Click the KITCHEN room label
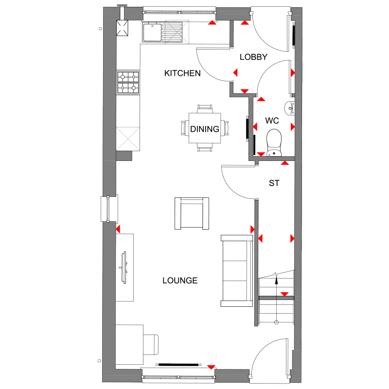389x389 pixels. [182, 73]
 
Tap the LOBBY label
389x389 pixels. [253, 57]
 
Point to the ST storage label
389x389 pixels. [274, 183]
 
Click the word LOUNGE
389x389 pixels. [180, 281]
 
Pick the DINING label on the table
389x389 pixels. [204, 129]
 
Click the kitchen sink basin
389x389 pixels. [152, 32]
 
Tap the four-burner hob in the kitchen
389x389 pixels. [128, 82]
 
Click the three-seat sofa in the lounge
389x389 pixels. [237, 270]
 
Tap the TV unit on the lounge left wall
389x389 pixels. [125, 267]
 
